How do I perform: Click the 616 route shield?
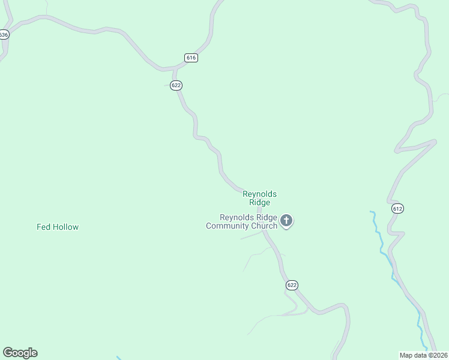[x=191, y=58]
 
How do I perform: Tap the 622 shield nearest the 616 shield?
[x=176, y=85]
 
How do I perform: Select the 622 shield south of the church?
[x=292, y=285]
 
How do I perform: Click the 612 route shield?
[x=397, y=208]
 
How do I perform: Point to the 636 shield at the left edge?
[x=4, y=35]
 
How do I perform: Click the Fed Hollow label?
[x=58, y=227]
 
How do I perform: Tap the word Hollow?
[x=65, y=227]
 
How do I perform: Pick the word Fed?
[x=43, y=227]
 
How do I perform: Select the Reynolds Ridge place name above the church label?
[x=259, y=198]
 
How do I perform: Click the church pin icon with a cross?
[x=286, y=221]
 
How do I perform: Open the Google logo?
[x=20, y=353]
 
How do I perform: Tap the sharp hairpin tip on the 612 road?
[x=435, y=142]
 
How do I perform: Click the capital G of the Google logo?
[x=8, y=353]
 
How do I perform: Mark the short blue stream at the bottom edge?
[x=119, y=358]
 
